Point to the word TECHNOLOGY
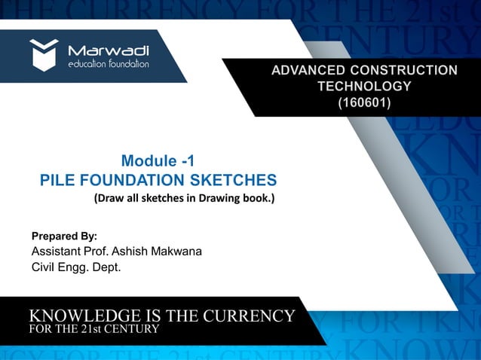tap(364, 86)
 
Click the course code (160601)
tap(363, 100)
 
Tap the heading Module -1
tap(158, 160)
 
